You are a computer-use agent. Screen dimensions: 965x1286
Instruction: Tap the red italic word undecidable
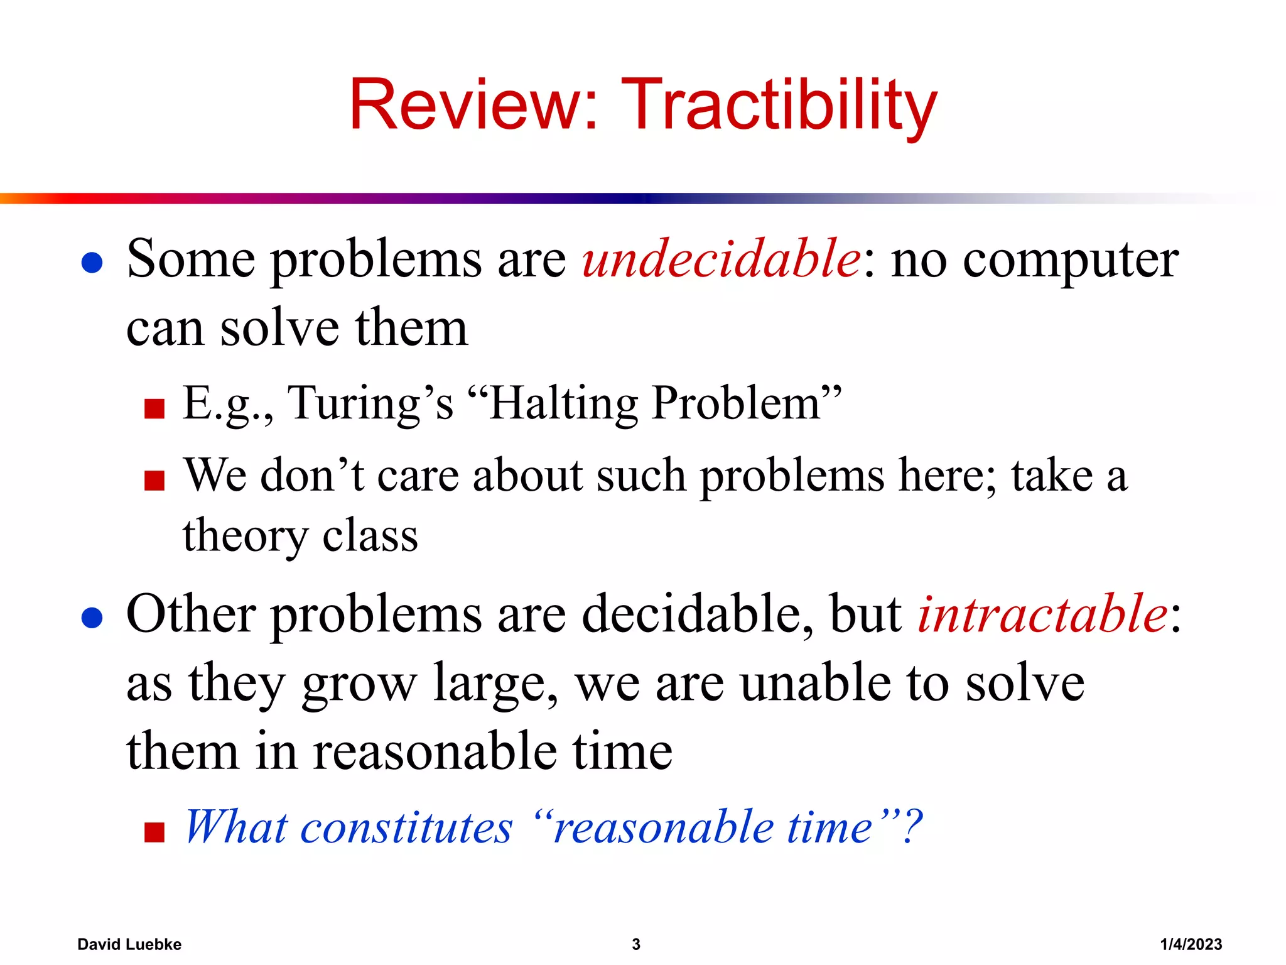click(x=721, y=259)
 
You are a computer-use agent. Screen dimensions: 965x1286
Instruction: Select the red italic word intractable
click(x=1042, y=614)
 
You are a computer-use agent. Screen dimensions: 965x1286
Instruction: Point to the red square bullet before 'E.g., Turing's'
click(x=154, y=408)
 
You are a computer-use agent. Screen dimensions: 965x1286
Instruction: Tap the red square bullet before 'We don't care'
click(x=154, y=481)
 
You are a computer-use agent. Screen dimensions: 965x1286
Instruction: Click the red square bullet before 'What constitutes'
click(x=154, y=832)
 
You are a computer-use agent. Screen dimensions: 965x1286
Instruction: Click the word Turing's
click(x=370, y=404)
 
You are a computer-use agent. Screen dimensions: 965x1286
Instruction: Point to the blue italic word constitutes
click(x=406, y=827)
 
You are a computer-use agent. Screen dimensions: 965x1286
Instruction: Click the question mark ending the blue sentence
click(x=911, y=826)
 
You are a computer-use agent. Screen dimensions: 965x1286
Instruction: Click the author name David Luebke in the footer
click(x=129, y=944)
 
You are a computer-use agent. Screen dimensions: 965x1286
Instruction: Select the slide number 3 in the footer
click(x=635, y=944)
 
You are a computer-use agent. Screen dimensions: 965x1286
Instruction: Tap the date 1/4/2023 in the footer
click(x=1191, y=944)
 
